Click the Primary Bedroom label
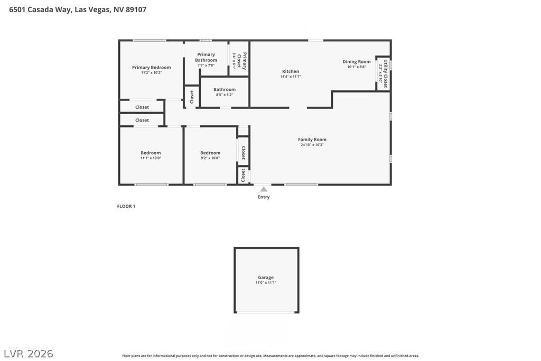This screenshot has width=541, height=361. click(151, 68)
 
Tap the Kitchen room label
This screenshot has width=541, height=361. click(290, 71)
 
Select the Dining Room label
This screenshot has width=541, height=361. click(357, 62)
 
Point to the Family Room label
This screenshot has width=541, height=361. click(312, 140)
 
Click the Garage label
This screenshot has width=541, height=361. click(266, 277)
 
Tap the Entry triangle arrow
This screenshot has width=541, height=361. click(264, 189)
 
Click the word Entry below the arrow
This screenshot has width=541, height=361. click(264, 197)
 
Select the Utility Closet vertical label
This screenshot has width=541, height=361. click(386, 73)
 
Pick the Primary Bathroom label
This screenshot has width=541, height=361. click(206, 57)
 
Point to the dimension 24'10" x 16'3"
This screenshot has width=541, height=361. click(312, 145)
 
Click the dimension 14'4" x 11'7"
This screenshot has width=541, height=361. click(290, 77)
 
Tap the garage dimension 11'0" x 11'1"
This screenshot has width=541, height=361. click(266, 283)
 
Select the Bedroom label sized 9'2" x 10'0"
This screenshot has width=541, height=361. click(210, 153)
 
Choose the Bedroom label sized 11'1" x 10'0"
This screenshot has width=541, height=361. click(151, 153)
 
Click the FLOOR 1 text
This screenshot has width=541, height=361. click(126, 207)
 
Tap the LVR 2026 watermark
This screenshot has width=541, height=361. click(29, 353)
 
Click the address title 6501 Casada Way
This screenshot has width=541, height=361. click(78, 10)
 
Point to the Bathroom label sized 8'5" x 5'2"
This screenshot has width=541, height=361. click(225, 89)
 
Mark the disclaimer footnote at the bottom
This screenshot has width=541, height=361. click(270, 356)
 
